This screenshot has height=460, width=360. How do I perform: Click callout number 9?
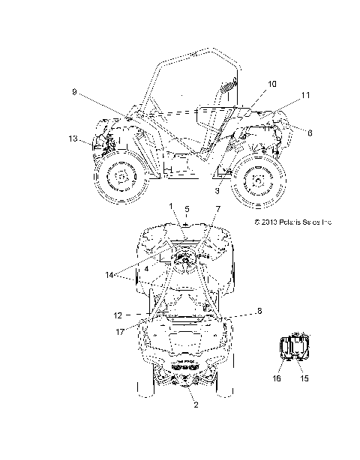[74, 91]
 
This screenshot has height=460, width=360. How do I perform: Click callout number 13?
[72, 139]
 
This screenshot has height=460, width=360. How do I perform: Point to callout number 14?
[111, 275]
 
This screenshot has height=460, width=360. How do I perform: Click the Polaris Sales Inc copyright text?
[292, 223]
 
